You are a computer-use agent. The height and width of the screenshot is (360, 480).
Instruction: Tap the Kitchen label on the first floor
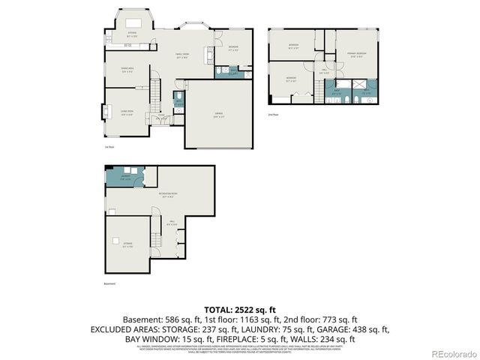pyautogui.click(x=131, y=34)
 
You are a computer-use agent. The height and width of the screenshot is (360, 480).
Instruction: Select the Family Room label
pyautogui.click(x=182, y=55)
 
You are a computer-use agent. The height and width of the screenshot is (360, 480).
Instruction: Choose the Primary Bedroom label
pyautogui.click(x=357, y=54)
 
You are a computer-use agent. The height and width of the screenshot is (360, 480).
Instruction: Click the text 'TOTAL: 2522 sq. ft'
pyautogui.click(x=239, y=309)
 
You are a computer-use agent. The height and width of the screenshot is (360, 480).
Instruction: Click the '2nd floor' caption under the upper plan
pyautogui.click(x=274, y=115)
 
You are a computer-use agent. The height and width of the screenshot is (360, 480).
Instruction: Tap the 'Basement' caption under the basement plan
pyautogui.click(x=110, y=284)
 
